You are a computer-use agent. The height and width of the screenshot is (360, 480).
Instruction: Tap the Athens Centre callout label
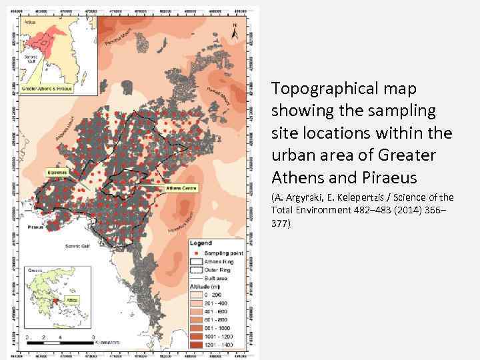pos(179,189)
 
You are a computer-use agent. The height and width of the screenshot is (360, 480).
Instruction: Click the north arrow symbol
pos(234,31)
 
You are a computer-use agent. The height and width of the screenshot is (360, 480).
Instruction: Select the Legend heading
pos(201,243)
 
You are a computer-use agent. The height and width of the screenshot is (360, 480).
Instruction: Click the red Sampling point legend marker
pos(195,255)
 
